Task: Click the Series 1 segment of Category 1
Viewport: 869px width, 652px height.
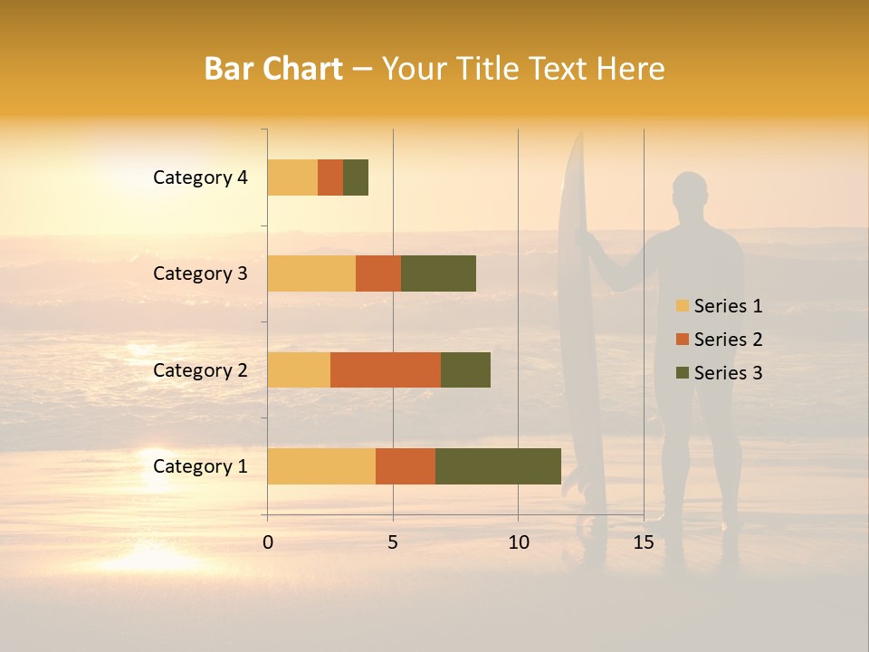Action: click(x=321, y=465)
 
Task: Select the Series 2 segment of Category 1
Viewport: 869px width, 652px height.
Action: click(x=406, y=465)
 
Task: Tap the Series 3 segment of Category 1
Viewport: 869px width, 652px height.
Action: click(x=498, y=465)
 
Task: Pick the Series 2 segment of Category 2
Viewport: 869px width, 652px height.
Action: click(x=386, y=369)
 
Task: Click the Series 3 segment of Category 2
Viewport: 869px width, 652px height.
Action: click(x=465, y=369)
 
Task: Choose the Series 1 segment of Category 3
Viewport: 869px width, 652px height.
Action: click(x=311, y=273)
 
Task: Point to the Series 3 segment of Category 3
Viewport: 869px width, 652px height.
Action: click(x=438, y=273)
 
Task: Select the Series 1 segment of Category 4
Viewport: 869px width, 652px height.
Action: click(x=292, y=177)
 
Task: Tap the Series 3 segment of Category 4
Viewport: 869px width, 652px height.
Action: click(x=356, y=177)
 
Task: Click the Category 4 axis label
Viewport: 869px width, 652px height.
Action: click(x=200, y=177)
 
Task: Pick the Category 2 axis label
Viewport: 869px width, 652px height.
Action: click(x=200, y=369)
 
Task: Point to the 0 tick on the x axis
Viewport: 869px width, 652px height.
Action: click(x=268, y=542)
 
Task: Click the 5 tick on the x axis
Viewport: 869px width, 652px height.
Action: click(x=393, y=542)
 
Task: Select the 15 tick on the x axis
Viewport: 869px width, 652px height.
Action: click(x=644, y=542)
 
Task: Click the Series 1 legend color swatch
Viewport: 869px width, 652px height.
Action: click(x=682, y=306)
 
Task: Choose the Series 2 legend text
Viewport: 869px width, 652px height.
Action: click(x=728, y=340)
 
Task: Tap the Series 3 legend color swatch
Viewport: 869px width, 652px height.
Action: click(x=682, y=373)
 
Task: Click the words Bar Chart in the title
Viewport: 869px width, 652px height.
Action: click(x=273, y=69)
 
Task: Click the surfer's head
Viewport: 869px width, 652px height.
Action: click(x=690, y=191)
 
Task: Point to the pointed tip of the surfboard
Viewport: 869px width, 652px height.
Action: click(x=578, y=136)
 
